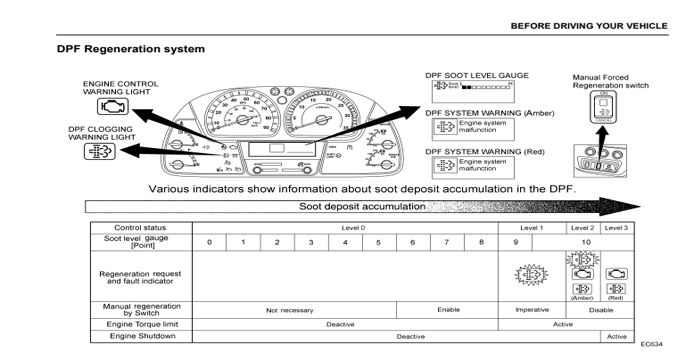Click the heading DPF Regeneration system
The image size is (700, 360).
click(131, 48)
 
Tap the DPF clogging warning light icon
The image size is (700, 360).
click(104, 151)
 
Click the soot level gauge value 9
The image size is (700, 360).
click(516, 242)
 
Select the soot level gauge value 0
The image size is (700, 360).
click(209, 242)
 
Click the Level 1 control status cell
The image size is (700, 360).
click(531, 229)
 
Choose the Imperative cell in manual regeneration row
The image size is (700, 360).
click(531, 309)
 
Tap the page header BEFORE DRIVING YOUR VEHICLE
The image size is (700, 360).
click(592, 23)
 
